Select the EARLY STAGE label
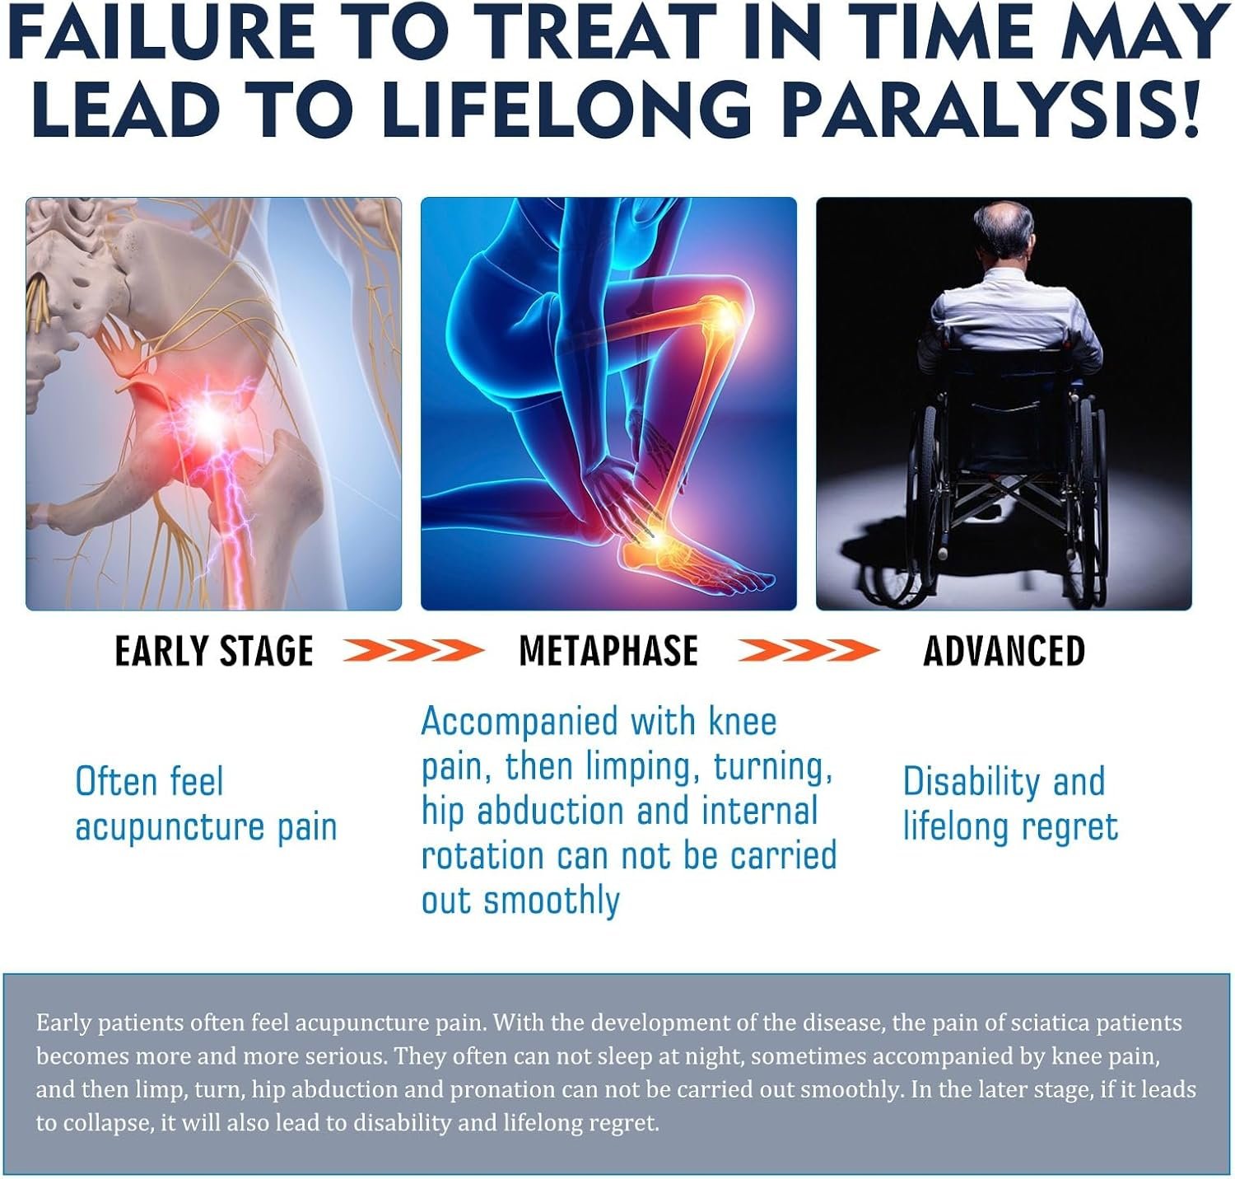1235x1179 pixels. pos(214,651)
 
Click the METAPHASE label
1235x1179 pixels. pos(608,651)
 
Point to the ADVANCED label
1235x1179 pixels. pos(1004,651)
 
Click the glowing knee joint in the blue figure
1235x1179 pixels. pos(725,316)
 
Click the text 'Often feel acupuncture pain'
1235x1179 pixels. pos(206,804)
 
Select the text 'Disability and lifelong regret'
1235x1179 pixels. pos(1010,804)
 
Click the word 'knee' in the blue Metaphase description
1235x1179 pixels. pos(743,721)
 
